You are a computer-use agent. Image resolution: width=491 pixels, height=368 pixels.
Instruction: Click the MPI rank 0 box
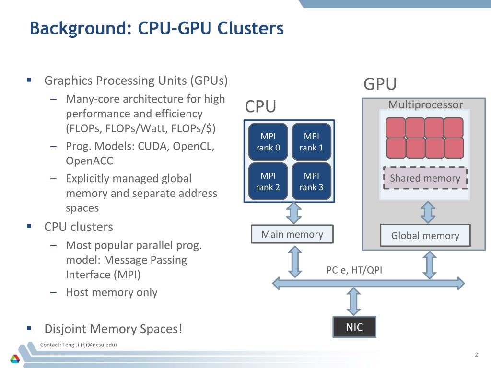(268, 142)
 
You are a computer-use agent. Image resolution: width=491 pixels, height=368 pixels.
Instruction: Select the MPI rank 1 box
(312, 142)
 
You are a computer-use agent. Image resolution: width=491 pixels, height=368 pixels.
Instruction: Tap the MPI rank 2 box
(268, 182)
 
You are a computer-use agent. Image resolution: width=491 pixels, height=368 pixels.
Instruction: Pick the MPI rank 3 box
(312, 182)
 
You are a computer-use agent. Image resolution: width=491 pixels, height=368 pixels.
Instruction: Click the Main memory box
(292, 234)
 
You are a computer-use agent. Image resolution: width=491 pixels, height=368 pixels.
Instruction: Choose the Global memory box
(425, 235)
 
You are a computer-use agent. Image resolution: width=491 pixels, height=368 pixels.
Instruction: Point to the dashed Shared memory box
(425, 178)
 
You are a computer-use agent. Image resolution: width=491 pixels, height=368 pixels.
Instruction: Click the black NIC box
(354, 327)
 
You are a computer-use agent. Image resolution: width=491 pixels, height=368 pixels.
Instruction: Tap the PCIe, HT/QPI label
(354, 270)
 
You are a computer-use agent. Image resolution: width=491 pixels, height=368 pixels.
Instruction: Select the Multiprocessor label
(425, 104)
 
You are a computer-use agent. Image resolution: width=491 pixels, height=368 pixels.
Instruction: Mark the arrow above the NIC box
(354, 302)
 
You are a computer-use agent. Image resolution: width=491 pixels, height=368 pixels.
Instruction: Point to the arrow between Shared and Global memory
(428, 212)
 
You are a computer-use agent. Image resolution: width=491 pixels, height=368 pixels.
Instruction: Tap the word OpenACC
(89, 161)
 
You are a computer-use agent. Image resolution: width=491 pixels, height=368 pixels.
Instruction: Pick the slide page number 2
(476, 355)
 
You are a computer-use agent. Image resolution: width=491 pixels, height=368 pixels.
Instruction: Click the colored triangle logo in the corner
(15, 358)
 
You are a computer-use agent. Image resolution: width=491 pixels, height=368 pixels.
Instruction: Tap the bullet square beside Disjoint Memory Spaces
(29, 328)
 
